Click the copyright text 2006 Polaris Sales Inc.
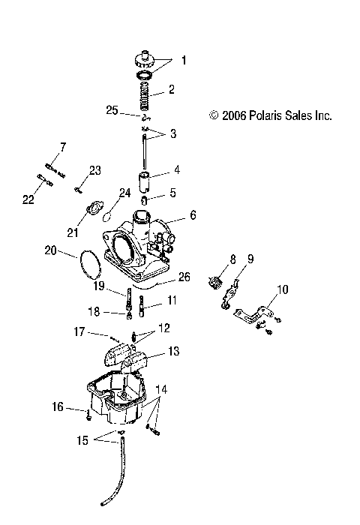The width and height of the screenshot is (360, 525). pyautogui.click(x=270, y=115)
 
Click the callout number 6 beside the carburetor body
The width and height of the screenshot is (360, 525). pyautogui.click(x=193, y=215)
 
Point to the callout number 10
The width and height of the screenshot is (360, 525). pyautogui.click(x=261, y=289)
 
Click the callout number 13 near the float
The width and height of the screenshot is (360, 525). pyautogui.click(x=174, y=351)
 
